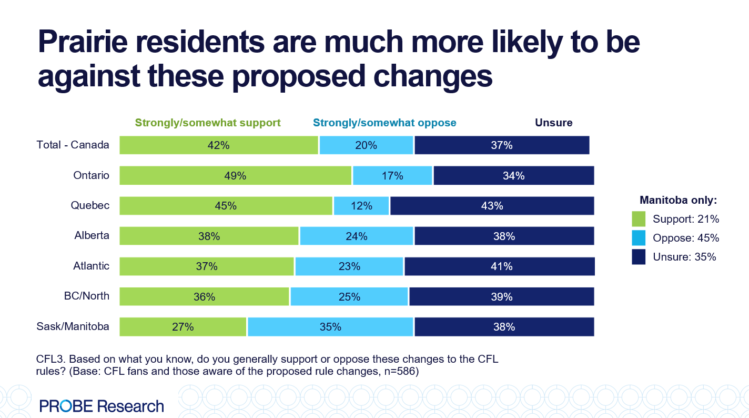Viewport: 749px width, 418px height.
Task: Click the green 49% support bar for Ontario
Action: tap(235, 176)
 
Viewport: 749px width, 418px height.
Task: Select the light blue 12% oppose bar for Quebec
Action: tap(361, 206)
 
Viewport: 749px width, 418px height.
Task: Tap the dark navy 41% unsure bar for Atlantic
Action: tap(499, 266)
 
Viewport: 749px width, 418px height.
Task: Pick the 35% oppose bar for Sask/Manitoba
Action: tap(330, 327)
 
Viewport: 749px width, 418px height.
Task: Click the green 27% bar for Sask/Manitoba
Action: tap(183, 327)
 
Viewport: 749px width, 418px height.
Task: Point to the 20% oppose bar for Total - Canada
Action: tap(366, 145)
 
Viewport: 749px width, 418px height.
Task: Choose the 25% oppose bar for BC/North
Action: tap(349, 297)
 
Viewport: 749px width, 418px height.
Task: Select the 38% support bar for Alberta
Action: tap(209, 236)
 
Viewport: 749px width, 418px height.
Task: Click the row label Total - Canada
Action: tap(73, 145)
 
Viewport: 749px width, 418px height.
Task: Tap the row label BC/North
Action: tap(86, 296)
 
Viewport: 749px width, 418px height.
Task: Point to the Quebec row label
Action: tap(90, 205)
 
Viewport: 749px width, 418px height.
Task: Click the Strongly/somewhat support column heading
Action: tap(208, 123)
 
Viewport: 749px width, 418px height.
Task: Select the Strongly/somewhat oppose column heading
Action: tap(384, 123)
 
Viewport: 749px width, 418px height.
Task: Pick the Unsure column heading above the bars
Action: tap(553, 123)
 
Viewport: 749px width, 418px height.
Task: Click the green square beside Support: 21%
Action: tap(638, 218)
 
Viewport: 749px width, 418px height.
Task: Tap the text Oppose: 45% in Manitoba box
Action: tap(685, 238)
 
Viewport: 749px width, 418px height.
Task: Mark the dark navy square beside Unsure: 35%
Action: tap(638, 257)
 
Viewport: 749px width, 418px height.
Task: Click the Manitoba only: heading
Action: tap(678, 200)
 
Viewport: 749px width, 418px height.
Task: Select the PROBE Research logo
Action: tap(102, 406)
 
